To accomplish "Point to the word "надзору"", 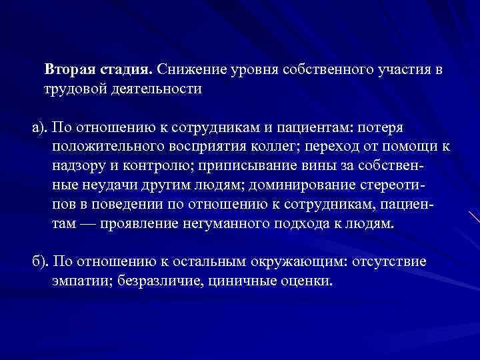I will pyautogui.click(x=77, y=164).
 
